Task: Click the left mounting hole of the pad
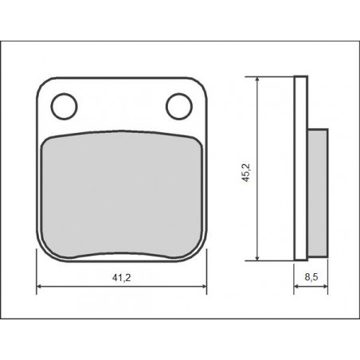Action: (x=63, y=104)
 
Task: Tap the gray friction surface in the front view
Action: (x=121, y=191)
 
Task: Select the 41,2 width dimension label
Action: (x=122, y=278)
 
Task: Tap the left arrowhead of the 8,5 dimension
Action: (x=297, y=288)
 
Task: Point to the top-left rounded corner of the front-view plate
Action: (x=44, y=82)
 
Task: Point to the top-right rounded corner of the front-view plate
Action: (x=200, y=82)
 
